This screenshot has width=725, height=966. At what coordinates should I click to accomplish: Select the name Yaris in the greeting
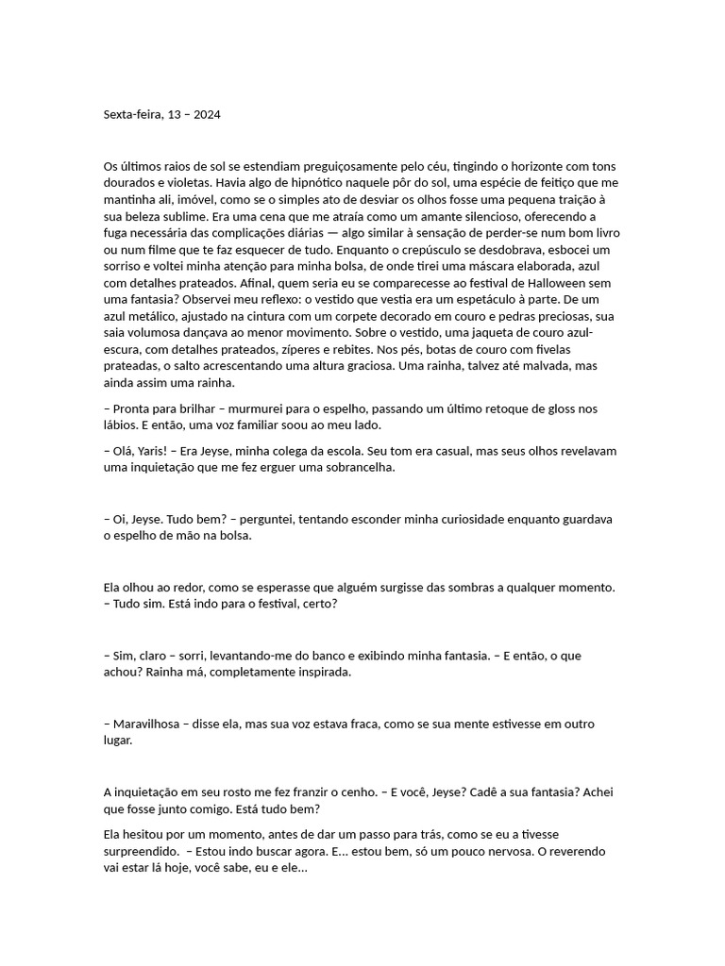156,451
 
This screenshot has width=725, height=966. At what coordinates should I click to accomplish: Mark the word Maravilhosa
154,724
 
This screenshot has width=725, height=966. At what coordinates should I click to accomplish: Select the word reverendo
595,851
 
